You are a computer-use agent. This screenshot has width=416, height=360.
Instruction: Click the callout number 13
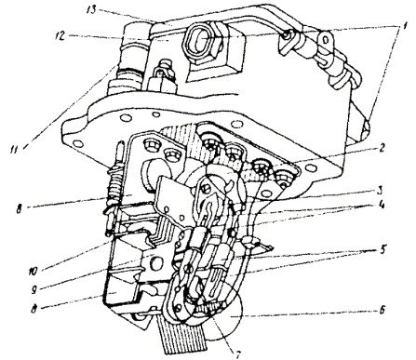92,9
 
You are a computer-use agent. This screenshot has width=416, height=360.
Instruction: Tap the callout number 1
403,26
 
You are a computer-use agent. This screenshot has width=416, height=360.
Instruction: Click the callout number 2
382,148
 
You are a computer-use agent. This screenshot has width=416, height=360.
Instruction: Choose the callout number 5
382,249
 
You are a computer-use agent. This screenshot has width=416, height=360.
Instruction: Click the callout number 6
382,309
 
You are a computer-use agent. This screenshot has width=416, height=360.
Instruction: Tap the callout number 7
239,353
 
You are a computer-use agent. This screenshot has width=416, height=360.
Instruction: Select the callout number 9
34,290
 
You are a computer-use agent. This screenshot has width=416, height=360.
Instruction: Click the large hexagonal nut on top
202,42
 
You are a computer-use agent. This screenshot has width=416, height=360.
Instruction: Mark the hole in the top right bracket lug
326,40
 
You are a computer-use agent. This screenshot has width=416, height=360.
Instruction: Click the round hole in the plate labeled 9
154,263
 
